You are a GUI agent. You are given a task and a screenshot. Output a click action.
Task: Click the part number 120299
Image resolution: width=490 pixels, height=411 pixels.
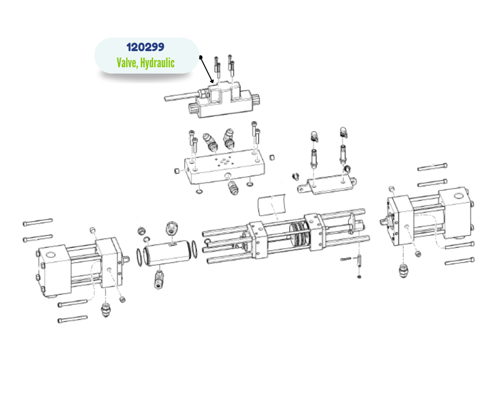pyautogui.click(x=145, y=47)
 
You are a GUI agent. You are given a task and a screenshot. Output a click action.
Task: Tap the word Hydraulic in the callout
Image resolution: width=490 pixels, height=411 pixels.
pyautogui.click(x=157, y=63)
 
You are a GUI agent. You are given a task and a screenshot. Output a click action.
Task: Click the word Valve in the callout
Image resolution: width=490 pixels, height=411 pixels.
pyautogui.click(x=127, y=63)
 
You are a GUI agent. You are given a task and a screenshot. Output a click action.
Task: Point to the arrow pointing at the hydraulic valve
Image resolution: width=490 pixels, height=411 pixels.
pyautogui.click(x=207, y=70)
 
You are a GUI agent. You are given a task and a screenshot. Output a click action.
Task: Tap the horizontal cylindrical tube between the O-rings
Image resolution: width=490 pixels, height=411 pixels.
pyautogui.click(x=168, y=253)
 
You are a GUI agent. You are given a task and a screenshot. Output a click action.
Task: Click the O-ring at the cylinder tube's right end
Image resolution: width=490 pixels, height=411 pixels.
pyautogui.click(x=194, y=249)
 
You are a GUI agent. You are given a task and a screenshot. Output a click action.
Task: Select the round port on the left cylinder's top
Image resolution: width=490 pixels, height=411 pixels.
pyautogui.click(x=51, y=254)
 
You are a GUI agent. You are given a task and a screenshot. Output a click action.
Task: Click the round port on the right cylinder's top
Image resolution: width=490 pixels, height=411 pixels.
pyautogui.click(x=458, y=197)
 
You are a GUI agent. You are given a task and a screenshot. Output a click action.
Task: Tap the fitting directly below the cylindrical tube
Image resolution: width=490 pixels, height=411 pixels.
pyautogui.click(x=159, y=279)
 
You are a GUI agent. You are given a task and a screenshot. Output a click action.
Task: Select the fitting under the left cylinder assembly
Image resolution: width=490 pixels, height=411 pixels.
pyautogui.click(x=106, y=309)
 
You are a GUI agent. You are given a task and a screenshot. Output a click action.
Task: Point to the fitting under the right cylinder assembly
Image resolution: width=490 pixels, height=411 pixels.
pyautogui.click(x=404, y=270)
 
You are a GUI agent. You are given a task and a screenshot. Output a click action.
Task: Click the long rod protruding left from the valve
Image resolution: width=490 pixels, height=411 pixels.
pyautogui.click(x=181, y=96)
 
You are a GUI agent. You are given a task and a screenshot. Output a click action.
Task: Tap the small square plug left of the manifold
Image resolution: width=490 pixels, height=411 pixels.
pyautogui.click(x=177, y=171)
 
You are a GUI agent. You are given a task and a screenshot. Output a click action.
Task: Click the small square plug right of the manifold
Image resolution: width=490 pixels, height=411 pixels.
pyautogui.click(x=272, y=157)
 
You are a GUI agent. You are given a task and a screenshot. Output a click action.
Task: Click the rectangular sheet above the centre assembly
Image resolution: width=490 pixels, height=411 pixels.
pyautogui.click(x=272, y=204)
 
